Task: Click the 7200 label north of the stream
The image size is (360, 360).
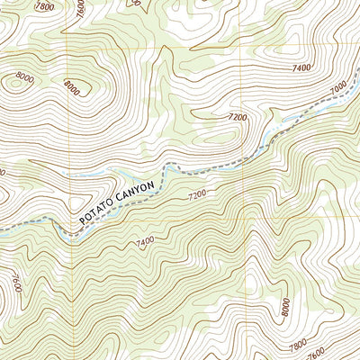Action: coord(237,117)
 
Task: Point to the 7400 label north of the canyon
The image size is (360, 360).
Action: coord(301,67)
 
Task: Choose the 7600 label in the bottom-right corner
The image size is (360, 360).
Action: coord(341,352)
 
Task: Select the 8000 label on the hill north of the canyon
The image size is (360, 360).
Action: coord(74,88)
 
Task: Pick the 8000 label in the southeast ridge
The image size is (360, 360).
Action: coord(286,307)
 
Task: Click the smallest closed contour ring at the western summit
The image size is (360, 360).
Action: coord(15,83)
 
